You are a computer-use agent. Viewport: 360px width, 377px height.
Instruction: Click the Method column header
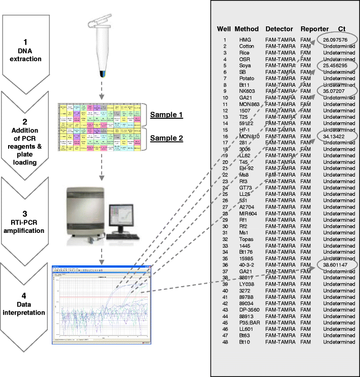point(247,28)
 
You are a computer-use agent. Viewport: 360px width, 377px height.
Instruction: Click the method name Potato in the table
point(247,79)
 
